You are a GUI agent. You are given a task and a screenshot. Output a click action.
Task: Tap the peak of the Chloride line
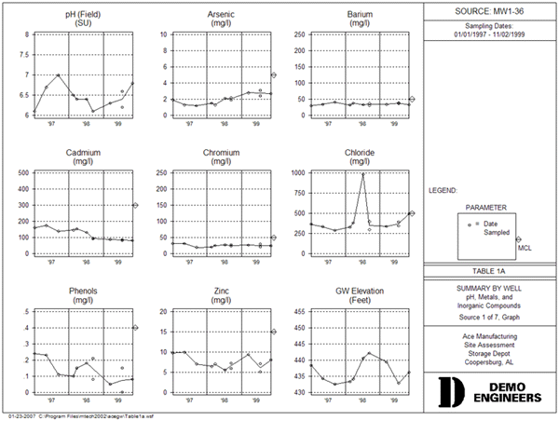[x=363, y=174]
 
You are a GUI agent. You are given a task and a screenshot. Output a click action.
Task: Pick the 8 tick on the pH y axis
[x=26, y=34]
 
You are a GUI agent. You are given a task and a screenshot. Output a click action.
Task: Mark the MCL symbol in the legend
[x=518, y=239]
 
